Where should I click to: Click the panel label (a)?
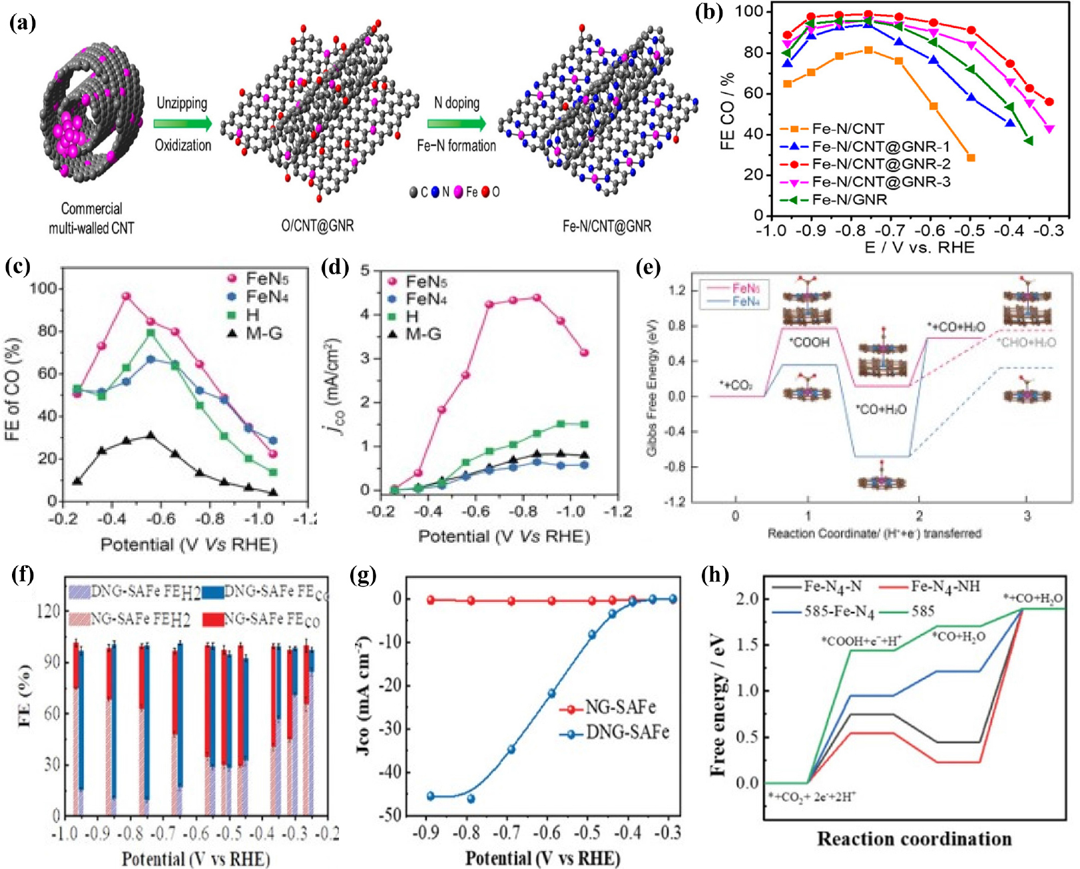coord(23,23)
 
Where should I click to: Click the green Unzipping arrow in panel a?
coord(182,124)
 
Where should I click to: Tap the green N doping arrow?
coord(456,124)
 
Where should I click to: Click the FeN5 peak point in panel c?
coord(127,296)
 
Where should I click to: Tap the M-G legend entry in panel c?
coord(264,333)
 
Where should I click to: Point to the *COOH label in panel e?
coord(809,342)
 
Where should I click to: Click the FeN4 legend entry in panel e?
coord(743,302)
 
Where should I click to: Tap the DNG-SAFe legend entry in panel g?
coord(626,733)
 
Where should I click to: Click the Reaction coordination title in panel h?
coord(914,839)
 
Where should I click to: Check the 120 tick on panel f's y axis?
coord(52,611)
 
